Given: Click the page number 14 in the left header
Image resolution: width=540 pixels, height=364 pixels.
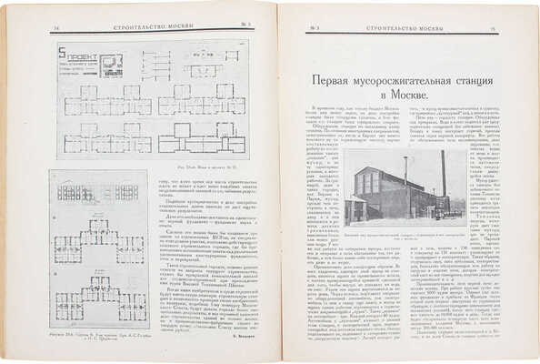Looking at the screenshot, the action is click(x=57, y=30).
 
